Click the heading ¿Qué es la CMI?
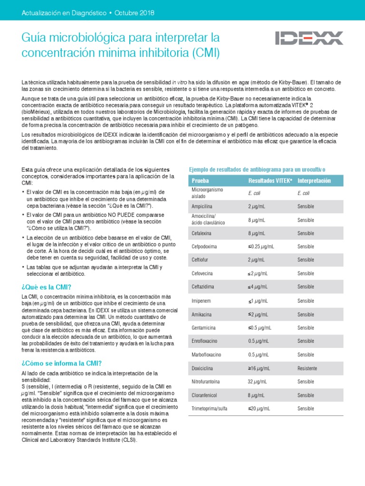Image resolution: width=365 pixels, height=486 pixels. (x=47, y=287)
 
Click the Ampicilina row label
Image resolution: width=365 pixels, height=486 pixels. (x=202, y=206)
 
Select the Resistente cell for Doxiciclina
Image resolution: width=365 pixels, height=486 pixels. (x=307, y=368)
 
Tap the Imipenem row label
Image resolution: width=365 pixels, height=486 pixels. (x=201, y=301)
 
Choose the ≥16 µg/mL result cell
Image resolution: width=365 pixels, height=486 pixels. (x=259, y=368)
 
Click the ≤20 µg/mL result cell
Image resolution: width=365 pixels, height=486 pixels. (x=259, y=409)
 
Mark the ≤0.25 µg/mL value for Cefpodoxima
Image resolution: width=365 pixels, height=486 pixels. (x=261, y=247)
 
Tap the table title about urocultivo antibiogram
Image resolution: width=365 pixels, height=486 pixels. (x=257, y=169)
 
